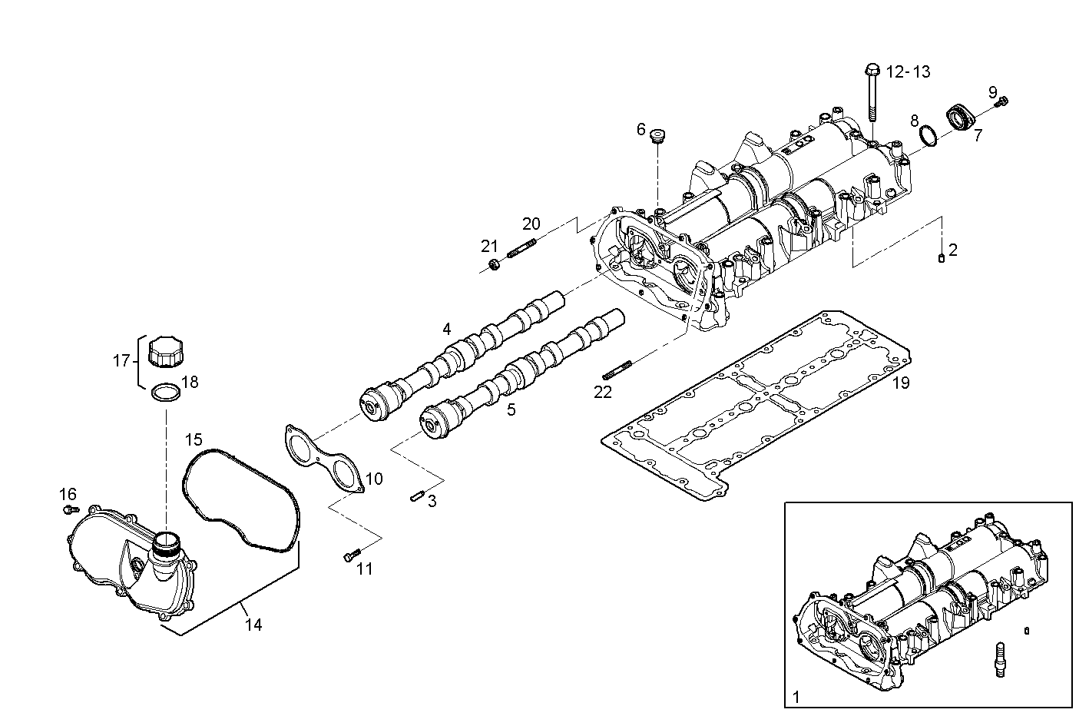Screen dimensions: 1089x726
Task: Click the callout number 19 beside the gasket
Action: coord(901,383)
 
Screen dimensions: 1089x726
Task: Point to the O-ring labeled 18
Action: coord(166,393)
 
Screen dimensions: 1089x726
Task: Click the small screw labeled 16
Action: coord(71,509)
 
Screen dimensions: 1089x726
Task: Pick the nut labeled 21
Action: coord(495,264)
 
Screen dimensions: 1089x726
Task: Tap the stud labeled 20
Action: coord(521,247)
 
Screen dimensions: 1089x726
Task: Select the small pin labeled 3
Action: coord(418,496)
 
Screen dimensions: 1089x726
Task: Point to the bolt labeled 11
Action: coord(352,555)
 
